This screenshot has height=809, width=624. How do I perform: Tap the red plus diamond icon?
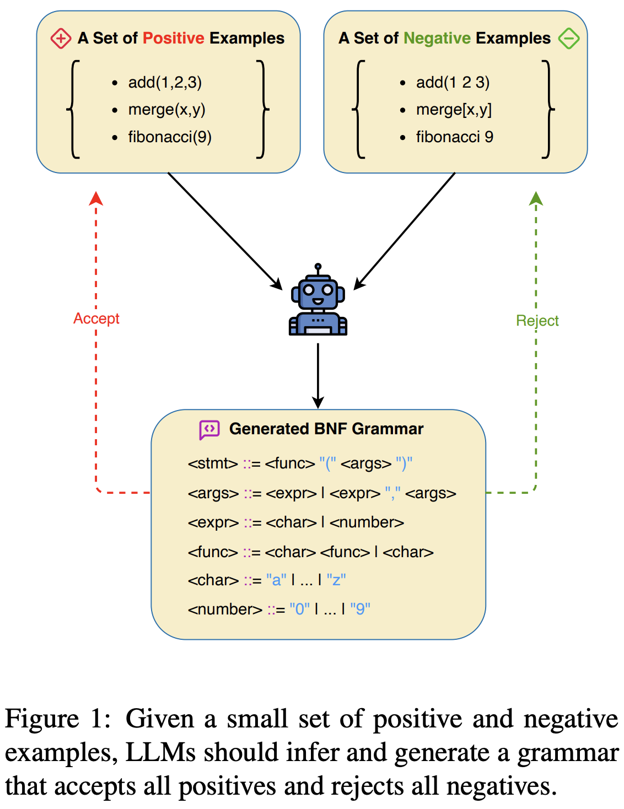(61, 39)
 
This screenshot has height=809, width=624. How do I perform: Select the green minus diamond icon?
(568, 39)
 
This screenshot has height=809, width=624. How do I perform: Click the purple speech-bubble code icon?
(209, 429)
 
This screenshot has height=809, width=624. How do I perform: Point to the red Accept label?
(96, 319)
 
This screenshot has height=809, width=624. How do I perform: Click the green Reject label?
(537, 321)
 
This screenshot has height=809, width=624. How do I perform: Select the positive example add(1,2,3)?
(165, 83)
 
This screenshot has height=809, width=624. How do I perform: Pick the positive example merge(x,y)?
(166, 110)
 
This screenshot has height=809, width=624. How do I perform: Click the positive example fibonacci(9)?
(170, 137)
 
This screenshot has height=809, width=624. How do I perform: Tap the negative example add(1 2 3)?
(453, 83)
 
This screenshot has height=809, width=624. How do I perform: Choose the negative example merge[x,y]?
(454, 110)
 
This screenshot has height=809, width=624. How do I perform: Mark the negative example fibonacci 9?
(454, 137)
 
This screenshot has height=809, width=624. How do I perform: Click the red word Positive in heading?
(174, 38)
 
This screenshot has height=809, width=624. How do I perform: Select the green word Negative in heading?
(437, 38)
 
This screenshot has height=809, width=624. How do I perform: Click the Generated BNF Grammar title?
(326, 429)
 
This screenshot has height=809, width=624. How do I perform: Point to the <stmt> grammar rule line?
(300, 463)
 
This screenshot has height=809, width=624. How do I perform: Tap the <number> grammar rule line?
(279, 609)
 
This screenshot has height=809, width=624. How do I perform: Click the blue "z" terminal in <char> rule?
(336, 580)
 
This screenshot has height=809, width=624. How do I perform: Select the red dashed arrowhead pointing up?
(96, 198)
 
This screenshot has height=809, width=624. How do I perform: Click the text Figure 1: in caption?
(57, 719)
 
